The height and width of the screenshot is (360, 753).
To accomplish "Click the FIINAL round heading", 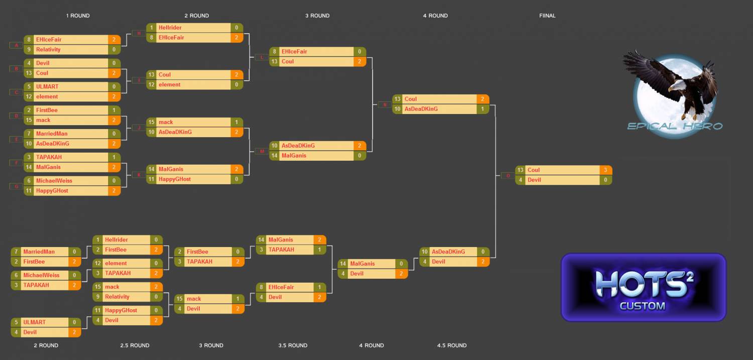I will coord(547,16).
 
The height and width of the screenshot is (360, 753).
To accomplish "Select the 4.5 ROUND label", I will coord(452,345).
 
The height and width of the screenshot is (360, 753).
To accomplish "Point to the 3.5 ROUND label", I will coord(293,345).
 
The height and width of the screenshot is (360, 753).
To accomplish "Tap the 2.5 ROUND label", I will coord(135,345).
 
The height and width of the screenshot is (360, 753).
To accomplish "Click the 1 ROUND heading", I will coord(78,16).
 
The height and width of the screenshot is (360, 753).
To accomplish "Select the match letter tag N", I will coord(385,104).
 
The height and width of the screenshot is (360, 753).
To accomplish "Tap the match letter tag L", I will coord(262,57).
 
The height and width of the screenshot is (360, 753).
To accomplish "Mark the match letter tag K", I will coord(139,175).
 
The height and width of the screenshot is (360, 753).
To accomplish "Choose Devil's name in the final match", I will coord(534,180).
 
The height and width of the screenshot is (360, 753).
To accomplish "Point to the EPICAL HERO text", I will coord(674,126).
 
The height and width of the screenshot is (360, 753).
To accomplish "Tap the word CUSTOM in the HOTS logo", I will coord(642,306).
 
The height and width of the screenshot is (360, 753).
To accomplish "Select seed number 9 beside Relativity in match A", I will coord(29,49).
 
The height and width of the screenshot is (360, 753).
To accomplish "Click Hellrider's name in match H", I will coord(170,28).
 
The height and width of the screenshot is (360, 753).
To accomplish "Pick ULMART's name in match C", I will coord(47,86).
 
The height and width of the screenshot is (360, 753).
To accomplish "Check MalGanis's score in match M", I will coord(359,156).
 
